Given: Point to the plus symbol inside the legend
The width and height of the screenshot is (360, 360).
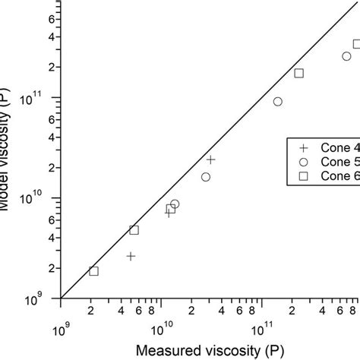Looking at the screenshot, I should [x=303, y=149].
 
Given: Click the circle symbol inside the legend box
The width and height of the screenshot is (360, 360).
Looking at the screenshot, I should [x=303, y=163].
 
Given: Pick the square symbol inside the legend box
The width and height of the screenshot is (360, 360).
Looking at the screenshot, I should [x=303, y=176].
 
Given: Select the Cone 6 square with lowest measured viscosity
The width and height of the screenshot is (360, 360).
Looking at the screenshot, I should [x=93, y=271].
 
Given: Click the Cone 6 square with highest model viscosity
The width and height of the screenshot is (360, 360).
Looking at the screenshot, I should [x=357, y=44].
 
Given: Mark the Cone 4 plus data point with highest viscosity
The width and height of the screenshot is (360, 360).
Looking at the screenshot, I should [x=210, y=159].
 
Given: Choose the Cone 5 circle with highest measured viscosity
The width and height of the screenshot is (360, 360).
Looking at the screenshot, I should [x=346, y=56].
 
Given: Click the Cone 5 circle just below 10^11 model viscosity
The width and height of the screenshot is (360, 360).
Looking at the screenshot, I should [x=278, y=102].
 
